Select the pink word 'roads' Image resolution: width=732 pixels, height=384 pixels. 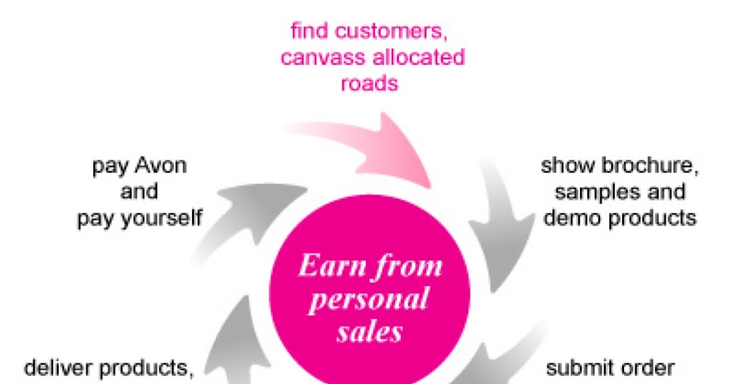click(x=369, y=84)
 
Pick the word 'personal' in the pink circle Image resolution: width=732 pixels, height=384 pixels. click(x=368, y=300)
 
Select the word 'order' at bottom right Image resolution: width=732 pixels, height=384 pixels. click(x=648, y=368)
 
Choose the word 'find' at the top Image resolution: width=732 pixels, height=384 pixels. click(x=307, y=32)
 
